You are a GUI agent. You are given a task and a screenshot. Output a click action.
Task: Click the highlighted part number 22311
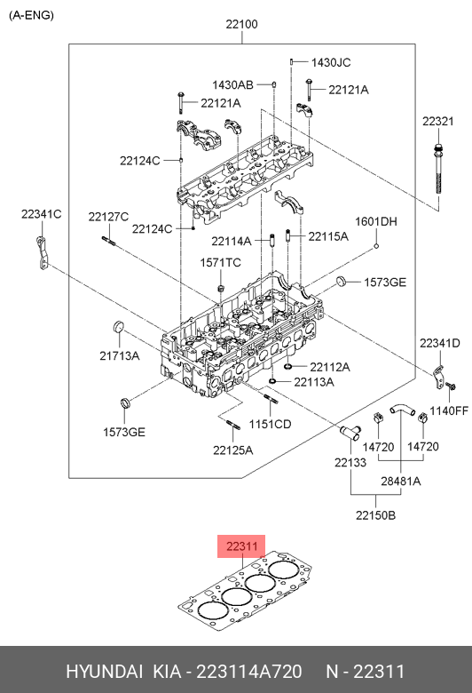241,546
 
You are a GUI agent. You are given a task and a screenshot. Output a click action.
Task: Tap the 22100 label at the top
241,24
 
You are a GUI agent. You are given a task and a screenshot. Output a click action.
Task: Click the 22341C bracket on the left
43,253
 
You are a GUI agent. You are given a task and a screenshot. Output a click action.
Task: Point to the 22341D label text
439,343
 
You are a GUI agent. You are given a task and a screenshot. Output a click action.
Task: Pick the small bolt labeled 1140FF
451,386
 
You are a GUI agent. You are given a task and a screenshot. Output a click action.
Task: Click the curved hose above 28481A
402,410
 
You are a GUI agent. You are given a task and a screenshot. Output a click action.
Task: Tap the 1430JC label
331,62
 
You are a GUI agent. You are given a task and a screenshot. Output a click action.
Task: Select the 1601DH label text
376,221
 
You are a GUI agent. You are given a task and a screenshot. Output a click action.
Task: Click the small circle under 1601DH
376,246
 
